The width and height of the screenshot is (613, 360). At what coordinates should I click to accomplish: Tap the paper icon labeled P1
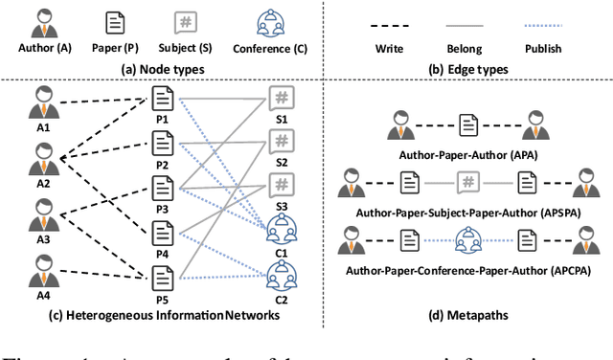pyautogui.click(x=162, y=98)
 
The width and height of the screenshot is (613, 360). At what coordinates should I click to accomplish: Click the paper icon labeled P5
pyautogui.click(x=162, y=277)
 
